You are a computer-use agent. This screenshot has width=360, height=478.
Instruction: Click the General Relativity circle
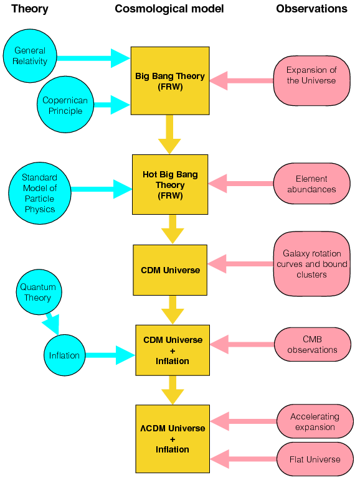click(x=30, y=56)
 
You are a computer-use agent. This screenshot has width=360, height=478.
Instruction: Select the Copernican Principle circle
click(x=65, y=106)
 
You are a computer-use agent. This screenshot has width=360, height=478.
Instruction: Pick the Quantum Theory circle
click(x=38, y=293)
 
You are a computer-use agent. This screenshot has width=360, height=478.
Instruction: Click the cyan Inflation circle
click(x=65, y=355)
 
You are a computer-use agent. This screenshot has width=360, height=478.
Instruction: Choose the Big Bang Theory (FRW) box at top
click(x=170, y=81)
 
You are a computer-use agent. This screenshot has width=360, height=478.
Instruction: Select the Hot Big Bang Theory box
click(x=170, y=185)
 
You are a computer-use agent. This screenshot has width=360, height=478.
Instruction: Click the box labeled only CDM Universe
click(x=170, y=270)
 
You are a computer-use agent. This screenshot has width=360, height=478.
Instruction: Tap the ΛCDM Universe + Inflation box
click(x=171, y=439)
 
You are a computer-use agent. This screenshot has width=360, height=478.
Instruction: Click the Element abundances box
click(x=311, y=184)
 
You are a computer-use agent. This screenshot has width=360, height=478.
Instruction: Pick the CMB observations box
click(x=311, y=344)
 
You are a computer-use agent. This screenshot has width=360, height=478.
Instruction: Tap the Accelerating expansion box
click(x=315, y=421)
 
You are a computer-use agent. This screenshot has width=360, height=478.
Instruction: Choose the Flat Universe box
click(x=315, y=459)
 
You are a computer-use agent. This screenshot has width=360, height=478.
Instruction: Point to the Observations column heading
click(x=311, y=9)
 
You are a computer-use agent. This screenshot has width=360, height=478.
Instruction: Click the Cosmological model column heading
click(x=169, y=9)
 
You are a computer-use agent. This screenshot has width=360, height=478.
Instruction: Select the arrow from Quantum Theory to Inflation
click(x=52, y=323)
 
